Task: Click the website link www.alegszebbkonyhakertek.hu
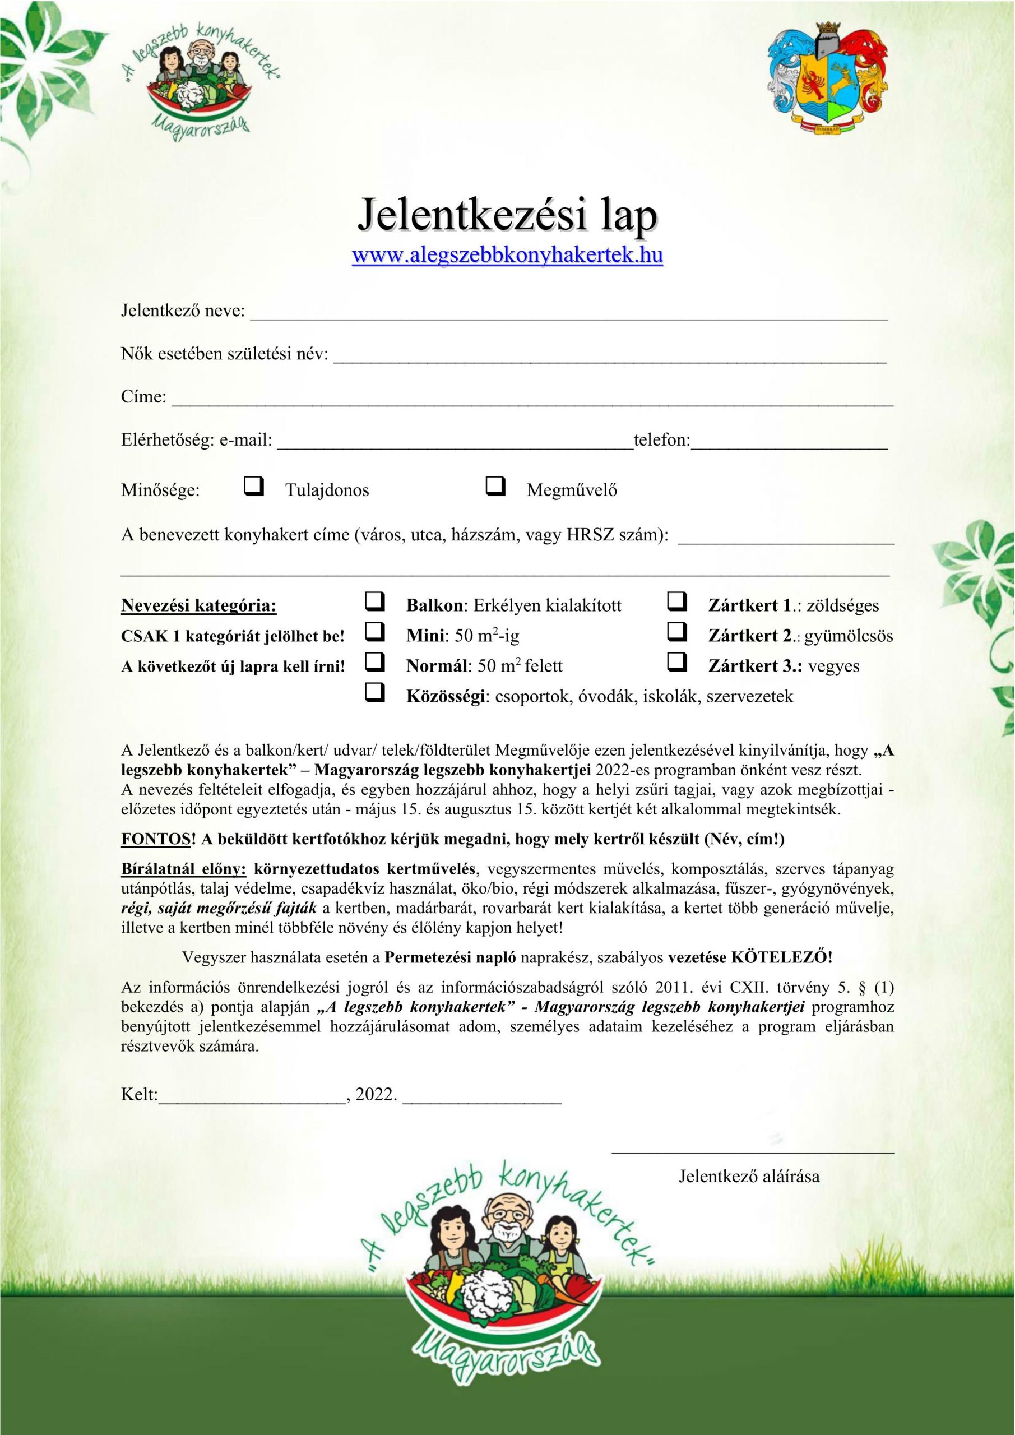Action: pos(508,256)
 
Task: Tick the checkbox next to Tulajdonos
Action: pos(254,485)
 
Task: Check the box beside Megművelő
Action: pos(495,485)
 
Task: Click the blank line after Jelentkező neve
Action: pos(569,314)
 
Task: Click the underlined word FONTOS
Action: pos(155,839)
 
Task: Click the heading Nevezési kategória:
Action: pos(199,605)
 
